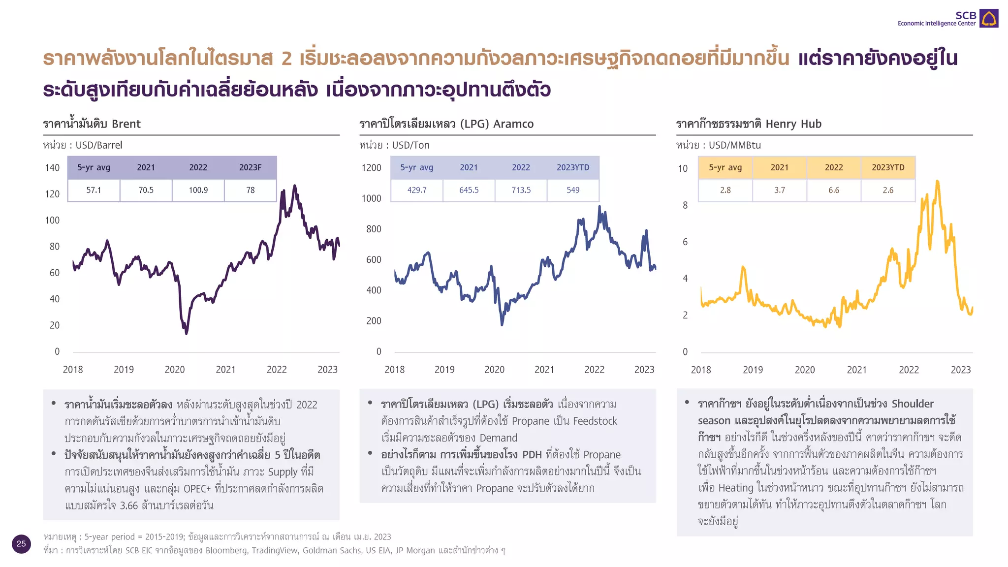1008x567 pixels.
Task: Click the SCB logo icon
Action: [988, 19]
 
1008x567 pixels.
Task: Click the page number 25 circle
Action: [21, 544]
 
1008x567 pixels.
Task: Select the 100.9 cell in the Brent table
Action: [198, 190]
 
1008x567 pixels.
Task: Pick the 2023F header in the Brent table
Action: [250, 167]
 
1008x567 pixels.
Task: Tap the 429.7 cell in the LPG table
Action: [416, 190]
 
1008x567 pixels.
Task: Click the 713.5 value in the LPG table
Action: [521, 190]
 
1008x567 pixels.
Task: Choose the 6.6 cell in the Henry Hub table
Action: [833, 190]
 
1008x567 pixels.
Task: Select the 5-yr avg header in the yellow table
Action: [725, 167]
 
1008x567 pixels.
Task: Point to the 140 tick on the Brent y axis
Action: [52, 168]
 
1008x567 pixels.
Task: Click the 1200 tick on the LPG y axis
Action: [371, 168]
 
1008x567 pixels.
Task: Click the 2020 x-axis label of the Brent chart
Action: [174, 370]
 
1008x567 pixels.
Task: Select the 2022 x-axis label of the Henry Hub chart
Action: [909, 370]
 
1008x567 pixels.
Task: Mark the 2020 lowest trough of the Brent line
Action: [186, 333]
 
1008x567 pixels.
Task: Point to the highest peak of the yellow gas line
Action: [938, 182]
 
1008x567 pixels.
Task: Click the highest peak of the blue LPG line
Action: [599, 207]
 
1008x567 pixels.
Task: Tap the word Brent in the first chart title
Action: [126, 124]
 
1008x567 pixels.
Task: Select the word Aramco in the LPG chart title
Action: [513, 124]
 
